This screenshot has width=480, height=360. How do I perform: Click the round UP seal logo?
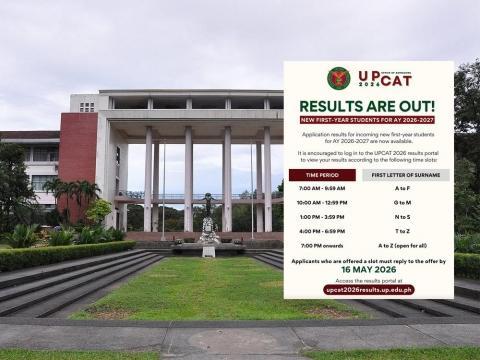pyautogui.click(x=338, y=78)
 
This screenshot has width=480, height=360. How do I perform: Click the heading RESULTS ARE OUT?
pyautogui.click(x=367, y=106)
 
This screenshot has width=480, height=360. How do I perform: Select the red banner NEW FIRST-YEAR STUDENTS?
pyautogui.click(x=367, y=120)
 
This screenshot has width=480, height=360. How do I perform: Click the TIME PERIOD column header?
pyautogui.click(x=322, y=175)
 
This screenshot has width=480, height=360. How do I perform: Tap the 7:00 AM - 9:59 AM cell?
pyautogui.click(x=322, y=188)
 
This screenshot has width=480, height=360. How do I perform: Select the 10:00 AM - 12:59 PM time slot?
pyautogui.click(x=322, y=202)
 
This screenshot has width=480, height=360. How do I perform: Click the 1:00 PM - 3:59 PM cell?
pyautogui.click(x=322, y=217)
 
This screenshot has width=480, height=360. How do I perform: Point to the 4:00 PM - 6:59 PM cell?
pyautogui.click(x=322, y=231)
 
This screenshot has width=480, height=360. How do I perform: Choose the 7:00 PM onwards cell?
pyautogui.click(x=322, y=245)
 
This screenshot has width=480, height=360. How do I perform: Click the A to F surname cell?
pyautogui.click(x=402, y=188)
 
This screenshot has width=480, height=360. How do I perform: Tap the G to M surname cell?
pyautogui.click(x=402, y=202)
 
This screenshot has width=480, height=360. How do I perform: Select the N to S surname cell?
pyautogui.click(x=402, y=217)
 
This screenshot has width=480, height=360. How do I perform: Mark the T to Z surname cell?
pyautogui.click(x=402, y=231)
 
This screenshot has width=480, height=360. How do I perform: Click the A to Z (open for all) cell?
pyautogui.click(x=402, y=245)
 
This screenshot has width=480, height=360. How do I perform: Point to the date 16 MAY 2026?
pyautogui.click(x=367, y=269)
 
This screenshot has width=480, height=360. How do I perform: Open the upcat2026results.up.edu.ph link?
pyautogui.click(x=368, y=289)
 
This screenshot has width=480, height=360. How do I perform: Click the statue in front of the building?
pyautogui.click(x=208, y=215)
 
